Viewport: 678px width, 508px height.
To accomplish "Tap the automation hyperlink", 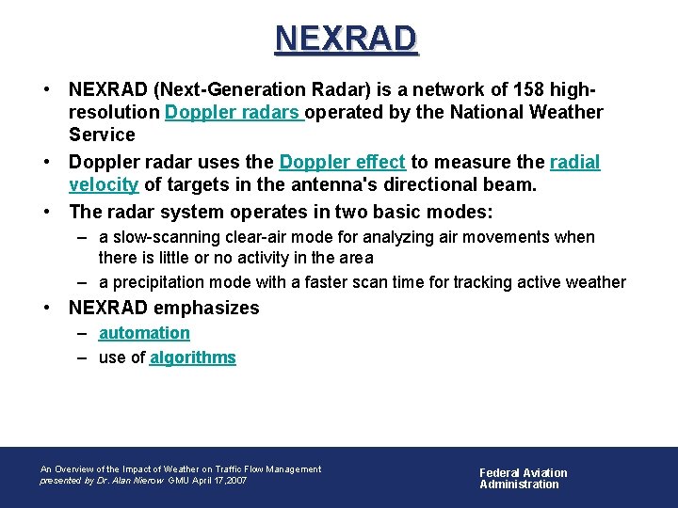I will [144, 333].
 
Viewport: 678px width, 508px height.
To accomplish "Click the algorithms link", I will [192, 357].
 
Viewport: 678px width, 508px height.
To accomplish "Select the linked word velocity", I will [104, 185].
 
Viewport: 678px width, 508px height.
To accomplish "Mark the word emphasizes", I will [205, 308].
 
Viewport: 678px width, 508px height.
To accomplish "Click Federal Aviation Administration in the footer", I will [524, 479].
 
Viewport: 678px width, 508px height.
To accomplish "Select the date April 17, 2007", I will [221, 481].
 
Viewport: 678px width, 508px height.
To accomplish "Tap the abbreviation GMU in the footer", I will [180, 481].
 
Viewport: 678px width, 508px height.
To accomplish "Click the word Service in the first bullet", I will [102, 135].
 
